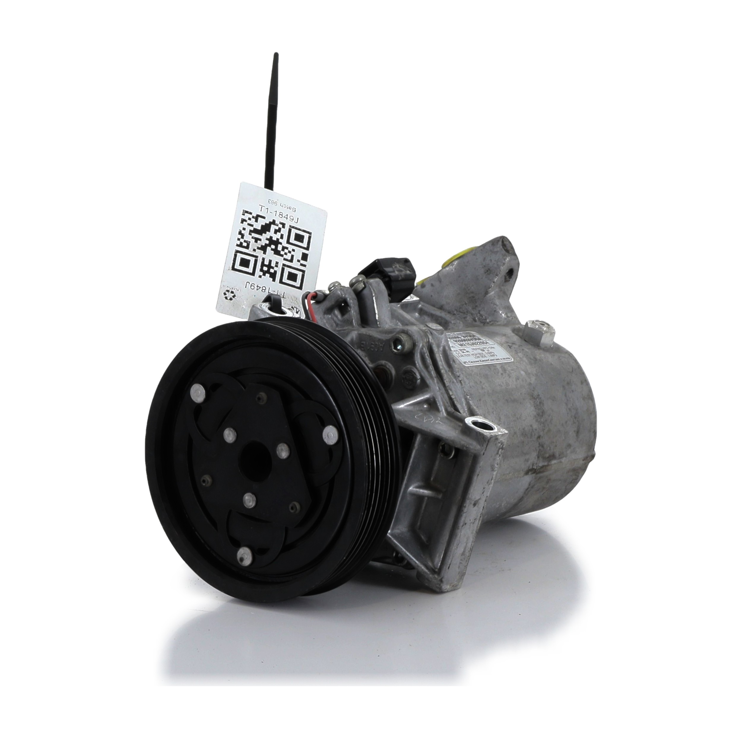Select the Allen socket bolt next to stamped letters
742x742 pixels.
(401, 348)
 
